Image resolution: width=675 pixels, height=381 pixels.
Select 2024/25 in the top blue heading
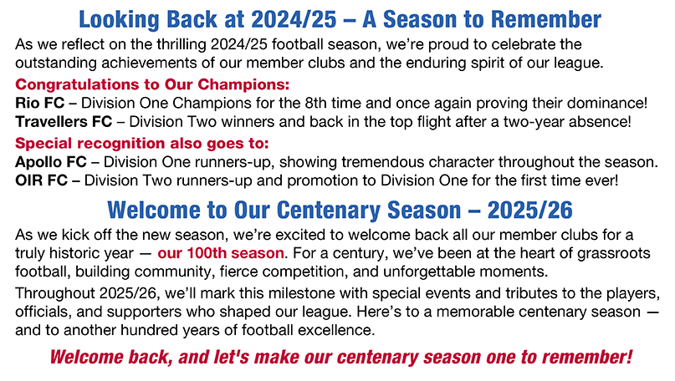(x=294, y=19)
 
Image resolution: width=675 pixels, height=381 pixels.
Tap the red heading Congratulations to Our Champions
(x=152, y=84)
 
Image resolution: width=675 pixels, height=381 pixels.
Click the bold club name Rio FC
(x=39, y=104)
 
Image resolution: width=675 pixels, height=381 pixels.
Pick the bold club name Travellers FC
(x=64, y=122)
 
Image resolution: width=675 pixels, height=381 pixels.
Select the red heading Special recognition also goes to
(x=142, y=143)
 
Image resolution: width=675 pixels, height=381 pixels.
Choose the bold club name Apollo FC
(x=51, y=162)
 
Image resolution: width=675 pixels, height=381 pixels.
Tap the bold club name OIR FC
(x=41, y=180)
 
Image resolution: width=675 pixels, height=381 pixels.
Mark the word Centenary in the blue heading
(x=330, y=211)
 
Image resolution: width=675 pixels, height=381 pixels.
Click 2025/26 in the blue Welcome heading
(x=530, y=211)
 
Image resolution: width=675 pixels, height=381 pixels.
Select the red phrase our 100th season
(x=221, y=253)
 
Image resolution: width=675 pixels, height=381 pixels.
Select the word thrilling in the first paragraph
(x=182, y=44)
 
